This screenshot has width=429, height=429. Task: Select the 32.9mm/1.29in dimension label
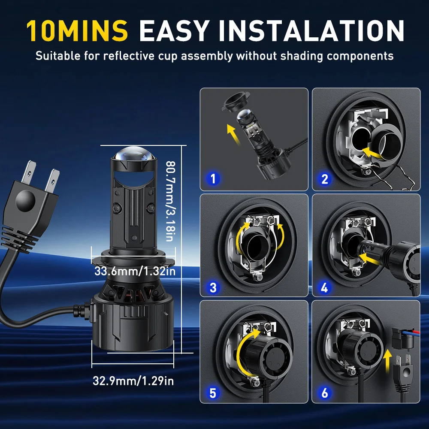pyautogui.click(x=133, y=381)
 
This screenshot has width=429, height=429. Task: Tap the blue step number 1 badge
pyautogui.click(x=213, y=178)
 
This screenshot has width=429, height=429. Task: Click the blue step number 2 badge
pyautogui.click(x=324, y=178)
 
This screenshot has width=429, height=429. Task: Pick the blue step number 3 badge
pyautogui.click(x=213, y=287)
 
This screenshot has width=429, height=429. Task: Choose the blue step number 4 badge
pyautogui.click(x=324, y=287)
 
